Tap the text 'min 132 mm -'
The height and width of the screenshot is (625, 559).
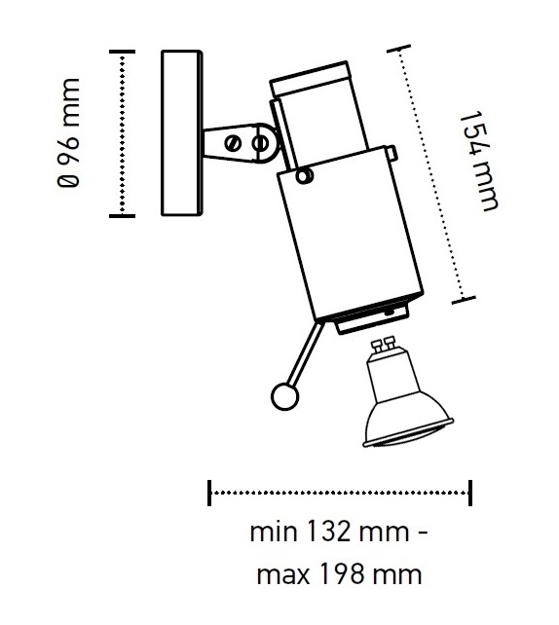click(x=338, y=534)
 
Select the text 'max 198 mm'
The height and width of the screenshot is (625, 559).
click(x=339, y=574)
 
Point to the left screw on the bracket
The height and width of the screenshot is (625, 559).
click(x=233, y=143)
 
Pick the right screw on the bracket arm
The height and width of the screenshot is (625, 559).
click(x=260, y=143)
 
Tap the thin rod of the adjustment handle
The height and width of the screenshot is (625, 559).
click(x=305, y=354)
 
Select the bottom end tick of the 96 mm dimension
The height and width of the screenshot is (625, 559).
click(x=121, y=215)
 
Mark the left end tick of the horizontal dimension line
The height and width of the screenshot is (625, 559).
click(x=209, y=493)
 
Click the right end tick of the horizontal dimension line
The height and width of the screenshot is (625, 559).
click(x=471, y=493)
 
